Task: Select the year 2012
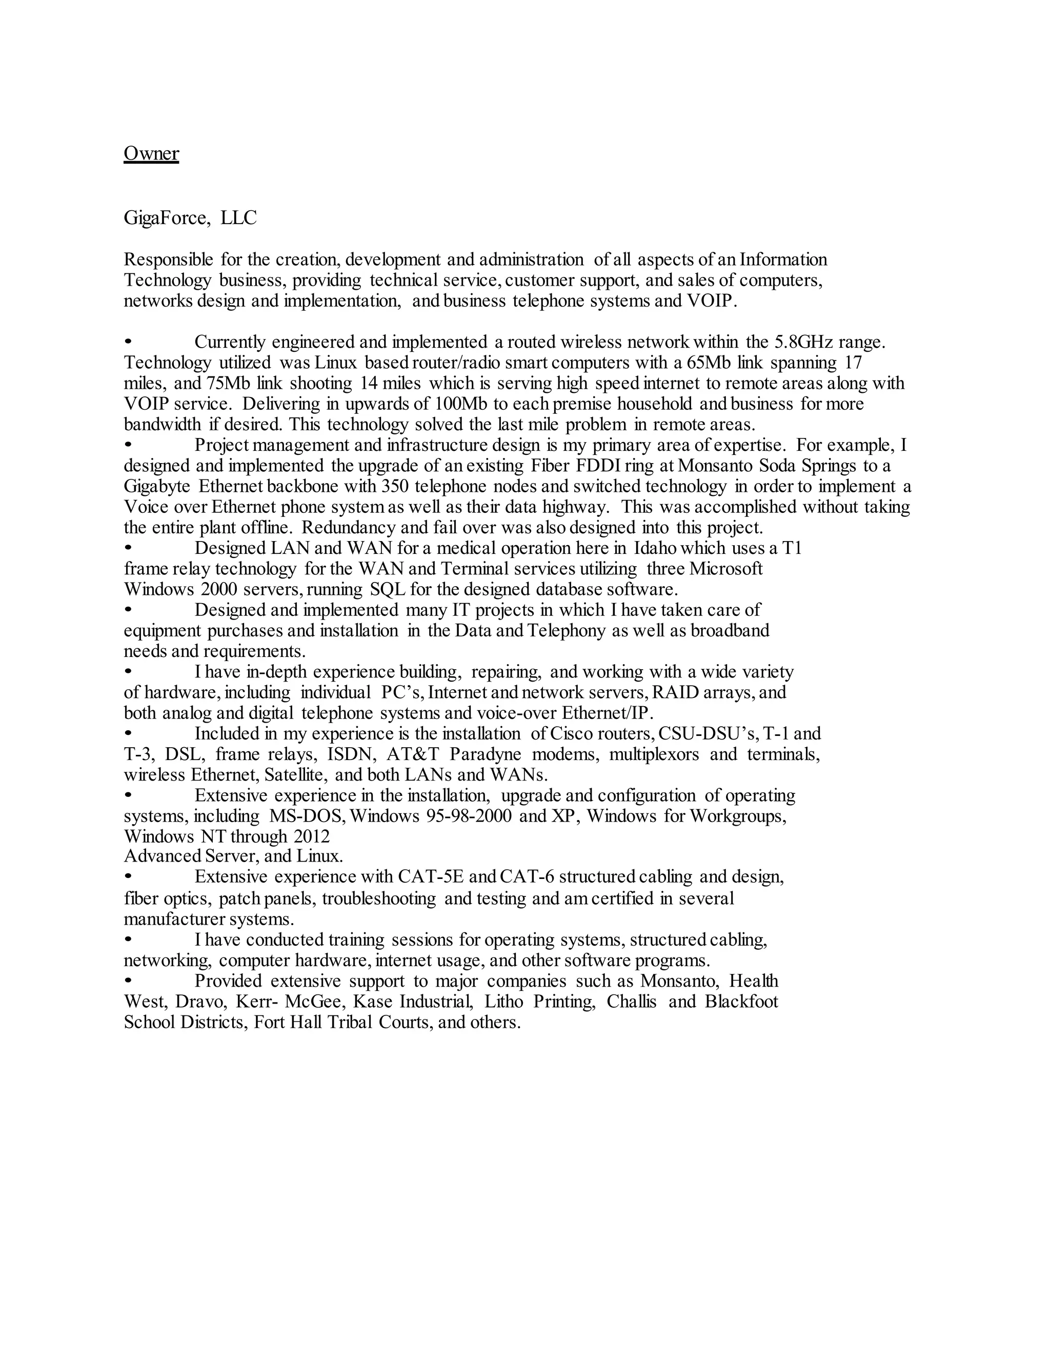click(x=312, y=836)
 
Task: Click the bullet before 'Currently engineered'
click(x=129, y=342)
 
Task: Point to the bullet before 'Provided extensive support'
click(x=129, y=981)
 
